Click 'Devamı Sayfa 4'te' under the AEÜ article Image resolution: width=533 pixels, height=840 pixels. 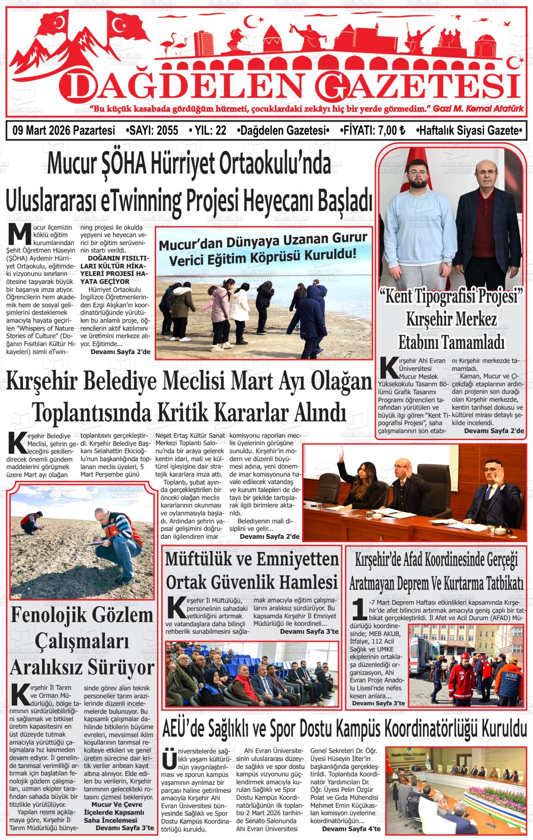(351, 829)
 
